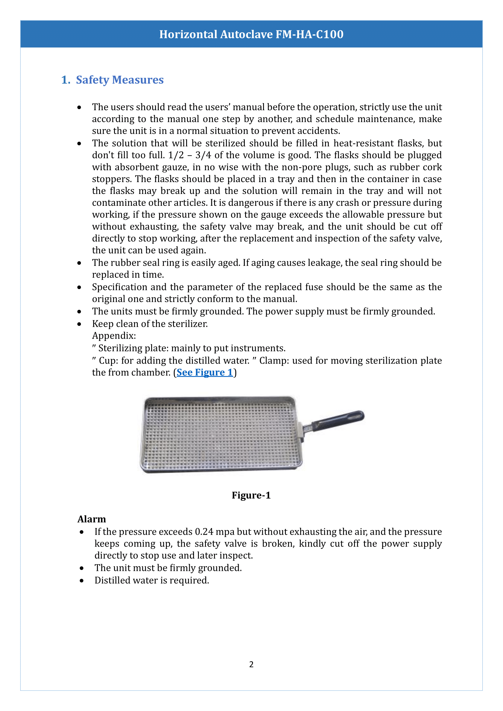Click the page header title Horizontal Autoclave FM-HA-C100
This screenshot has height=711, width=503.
click(x=251, y=34)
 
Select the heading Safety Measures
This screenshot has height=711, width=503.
click(x=120, y=80)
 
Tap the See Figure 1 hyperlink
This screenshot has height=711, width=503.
click(x=204, y=372)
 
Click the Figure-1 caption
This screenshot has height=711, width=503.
click(x=251, y=495)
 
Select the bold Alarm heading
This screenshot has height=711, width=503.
click(x=92, y=519)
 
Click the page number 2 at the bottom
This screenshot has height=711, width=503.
click(x=251, y=664)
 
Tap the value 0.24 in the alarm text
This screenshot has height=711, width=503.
click(x=204, y=532)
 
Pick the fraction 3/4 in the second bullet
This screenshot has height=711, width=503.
click(x=203, y=155)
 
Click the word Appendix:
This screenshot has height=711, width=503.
click(x=114, y=336)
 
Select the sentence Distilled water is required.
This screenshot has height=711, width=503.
click(x=152, y=580)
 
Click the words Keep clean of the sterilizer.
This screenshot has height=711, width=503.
click(x=150, y=324)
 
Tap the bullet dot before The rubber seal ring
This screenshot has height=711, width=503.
click(x=79, y=263)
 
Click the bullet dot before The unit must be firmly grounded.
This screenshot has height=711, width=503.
click(x=82, y=568)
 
